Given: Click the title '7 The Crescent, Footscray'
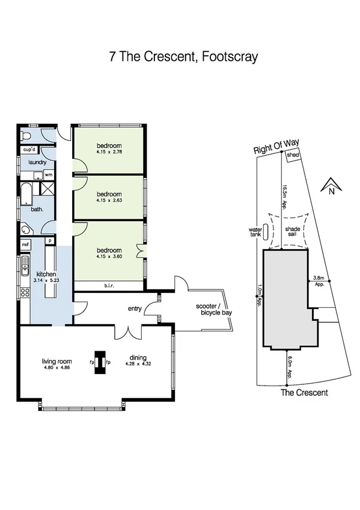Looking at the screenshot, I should pyautogui.click(x=183, y=57).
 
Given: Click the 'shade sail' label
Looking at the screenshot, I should pyautogui.click(x=293, y=232).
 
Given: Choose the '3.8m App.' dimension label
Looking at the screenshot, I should pyautogui.click(x=319, y=281).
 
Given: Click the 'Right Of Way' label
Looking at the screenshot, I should pyautogui.click(x=276, y=147).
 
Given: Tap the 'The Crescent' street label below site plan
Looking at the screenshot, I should pyautogui.click(x=305, y=393).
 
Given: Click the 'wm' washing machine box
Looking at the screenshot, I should pyautogui.click(x=48, y=175).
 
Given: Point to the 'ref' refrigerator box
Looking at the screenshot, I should pyautogui.click(x=26, y=245).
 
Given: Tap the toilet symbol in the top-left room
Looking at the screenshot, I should pyautogui.click(x=23, y=134).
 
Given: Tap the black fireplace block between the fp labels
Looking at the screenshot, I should pyautogui.click(x=100, y=362).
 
